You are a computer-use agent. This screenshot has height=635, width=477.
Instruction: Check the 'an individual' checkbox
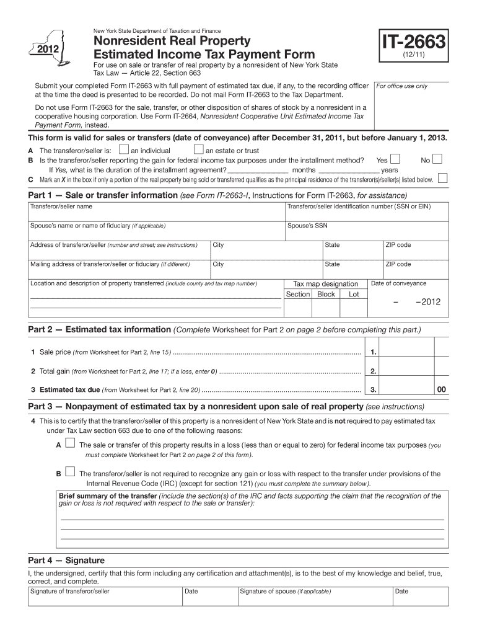(124, 149)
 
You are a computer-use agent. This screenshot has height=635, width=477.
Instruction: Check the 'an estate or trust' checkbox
(198, 149)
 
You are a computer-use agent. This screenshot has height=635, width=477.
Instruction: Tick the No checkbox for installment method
(437, 159)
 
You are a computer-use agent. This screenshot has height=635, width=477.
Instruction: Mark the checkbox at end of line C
(442, 179)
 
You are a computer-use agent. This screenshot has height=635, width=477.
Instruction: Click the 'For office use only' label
(402, 86)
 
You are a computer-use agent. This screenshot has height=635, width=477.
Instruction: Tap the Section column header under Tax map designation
(298, 294)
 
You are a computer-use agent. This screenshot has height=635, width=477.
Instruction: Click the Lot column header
(354, 294)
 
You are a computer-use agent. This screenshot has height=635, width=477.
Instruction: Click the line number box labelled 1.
(374, 352)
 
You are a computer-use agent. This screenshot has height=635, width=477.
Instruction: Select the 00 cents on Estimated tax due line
(441, 390)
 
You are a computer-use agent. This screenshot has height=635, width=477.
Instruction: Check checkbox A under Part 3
(70, 443)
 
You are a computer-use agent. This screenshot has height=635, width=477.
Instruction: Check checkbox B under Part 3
(70, 473)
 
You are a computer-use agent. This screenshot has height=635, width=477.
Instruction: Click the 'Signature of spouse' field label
(286, 591)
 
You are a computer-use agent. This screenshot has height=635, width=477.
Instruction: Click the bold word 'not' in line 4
(340, 421)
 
